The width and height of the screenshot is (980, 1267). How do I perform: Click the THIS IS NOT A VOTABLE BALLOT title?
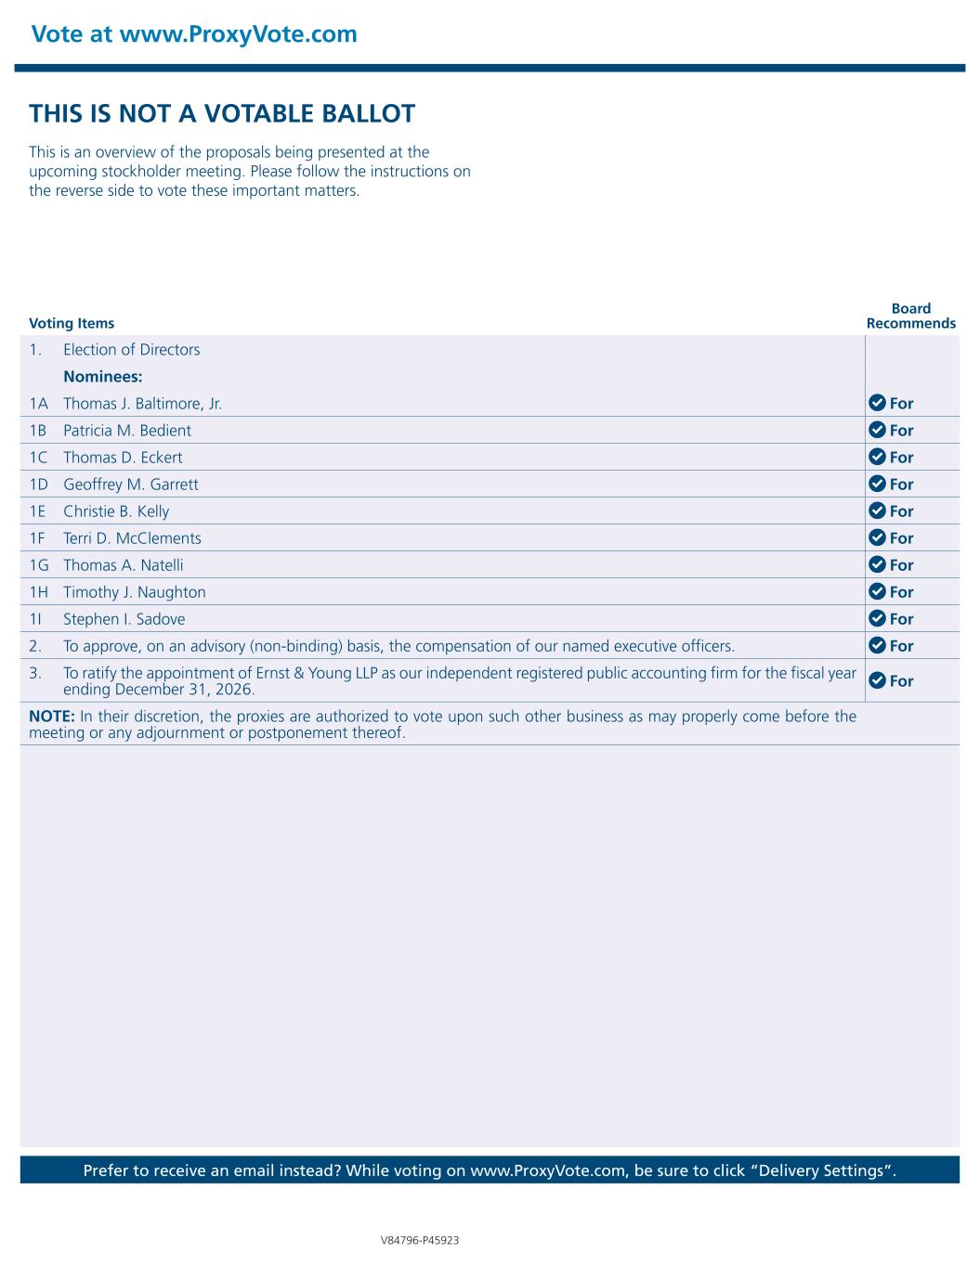pos(222,114)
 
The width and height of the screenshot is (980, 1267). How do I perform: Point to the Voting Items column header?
pos(72,323)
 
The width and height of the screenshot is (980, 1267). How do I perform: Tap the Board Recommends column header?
pos(910,316)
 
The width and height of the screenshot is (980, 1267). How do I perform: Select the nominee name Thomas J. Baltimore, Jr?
pos(142,404)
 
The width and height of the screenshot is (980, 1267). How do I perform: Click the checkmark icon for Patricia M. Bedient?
pos(876,430)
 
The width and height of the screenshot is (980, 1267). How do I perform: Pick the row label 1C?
pos(38,458)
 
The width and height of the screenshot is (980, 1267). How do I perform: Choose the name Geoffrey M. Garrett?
pos(130,485)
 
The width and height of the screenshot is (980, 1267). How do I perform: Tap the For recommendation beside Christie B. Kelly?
pos(901,511)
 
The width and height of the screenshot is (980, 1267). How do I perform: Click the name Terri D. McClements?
pos(132,538)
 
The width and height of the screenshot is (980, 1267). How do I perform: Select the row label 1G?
pos(39,565)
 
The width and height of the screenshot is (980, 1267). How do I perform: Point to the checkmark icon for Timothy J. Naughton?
pos(876,591)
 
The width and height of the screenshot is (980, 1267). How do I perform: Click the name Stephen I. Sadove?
pos(124,619)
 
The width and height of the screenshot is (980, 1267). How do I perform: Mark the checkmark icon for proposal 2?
pos(876,645)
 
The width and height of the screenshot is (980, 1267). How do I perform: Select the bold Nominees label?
pos(102,377)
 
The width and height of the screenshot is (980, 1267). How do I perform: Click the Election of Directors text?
pos(131,350)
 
